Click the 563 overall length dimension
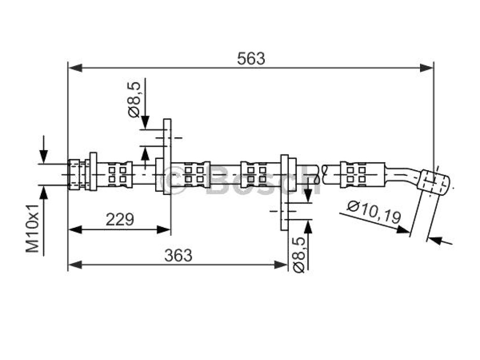pyautogui.click(x=251, y=59)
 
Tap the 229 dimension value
pyautogui.click(x=120, y=219)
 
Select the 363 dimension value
pyautogui.click(x=179, y=255)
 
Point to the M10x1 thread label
pyautogui.click(x=32, y=228)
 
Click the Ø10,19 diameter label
pyautogui.click(x=374, y=211)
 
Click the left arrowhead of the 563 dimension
pyautogui.click(x=75, y=67)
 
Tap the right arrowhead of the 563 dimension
pyautogui.click(x=427, y=67)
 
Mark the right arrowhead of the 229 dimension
pyautogui.click(x=164, y=229)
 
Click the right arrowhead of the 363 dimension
pyautogui.click(x=280, y=265)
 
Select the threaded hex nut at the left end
pyautogui.click(x=74, y=174)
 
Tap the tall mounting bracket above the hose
pyautogui.click(x=167, y=157)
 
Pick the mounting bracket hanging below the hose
pyautogui.click(x=285, y=193)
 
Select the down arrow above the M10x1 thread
pyautogui.click(x=44, y=150)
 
